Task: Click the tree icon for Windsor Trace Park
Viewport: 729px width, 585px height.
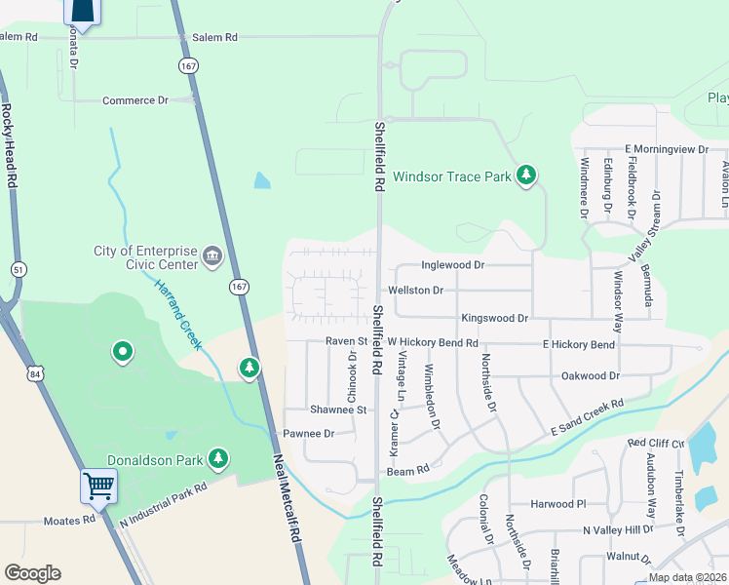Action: (x=526, y=175)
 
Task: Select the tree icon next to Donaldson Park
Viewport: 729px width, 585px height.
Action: (x=219, y=458)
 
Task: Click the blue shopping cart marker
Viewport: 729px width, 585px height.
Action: (x=99, y=485)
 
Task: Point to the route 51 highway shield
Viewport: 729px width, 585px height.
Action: (x=18, y=269)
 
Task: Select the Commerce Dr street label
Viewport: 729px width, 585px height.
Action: (x=135, y=100)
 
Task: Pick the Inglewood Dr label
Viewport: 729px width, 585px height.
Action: (x=452, y=265)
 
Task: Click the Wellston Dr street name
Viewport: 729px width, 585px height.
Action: (x=415, y=291)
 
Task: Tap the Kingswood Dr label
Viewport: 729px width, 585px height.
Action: (x=494, y=319)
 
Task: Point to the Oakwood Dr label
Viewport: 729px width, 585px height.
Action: (x=591, y=375)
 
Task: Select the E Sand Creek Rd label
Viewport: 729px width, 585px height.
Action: (x=587, y=418)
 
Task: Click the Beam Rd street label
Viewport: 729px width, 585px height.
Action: (x=408, y=471)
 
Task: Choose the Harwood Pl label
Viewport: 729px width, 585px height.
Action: (x=558, y=504)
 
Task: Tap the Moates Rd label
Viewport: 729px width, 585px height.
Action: (x=69, y=521)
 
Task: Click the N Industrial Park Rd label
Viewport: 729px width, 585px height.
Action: (x=164, y=506)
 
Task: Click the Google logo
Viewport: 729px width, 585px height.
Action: (x=33, y=573)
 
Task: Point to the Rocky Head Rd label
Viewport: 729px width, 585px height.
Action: (x=9, y=146)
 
